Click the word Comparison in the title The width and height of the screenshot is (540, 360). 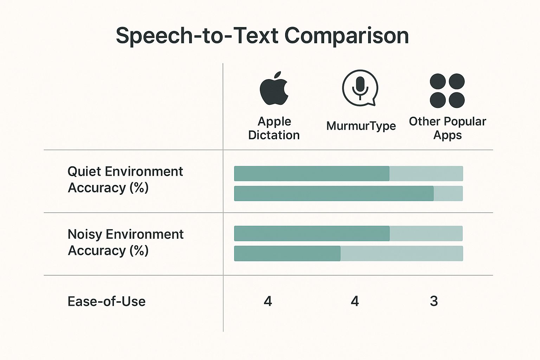click(346, 36)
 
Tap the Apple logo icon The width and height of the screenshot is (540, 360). click(274, 90)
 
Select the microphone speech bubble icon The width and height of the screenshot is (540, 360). click(360, 88)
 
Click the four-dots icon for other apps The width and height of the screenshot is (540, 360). click(447, 91)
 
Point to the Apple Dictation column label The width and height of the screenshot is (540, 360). click(274, 128)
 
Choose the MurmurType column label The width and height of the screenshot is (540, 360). click(361, 126)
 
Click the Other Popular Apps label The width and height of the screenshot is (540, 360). click(447, 128)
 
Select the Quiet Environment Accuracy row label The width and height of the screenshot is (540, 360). click(125, 180)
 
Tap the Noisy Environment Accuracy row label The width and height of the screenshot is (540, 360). click(125, 242)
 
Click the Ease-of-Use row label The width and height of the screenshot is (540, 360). click(107, 302)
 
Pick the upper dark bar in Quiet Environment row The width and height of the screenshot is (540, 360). click(311, 173)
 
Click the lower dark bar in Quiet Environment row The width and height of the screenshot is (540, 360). click(334, 193)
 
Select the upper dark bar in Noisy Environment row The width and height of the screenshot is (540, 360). click(311, 233)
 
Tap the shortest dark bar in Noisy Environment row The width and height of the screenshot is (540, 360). click(287, 253)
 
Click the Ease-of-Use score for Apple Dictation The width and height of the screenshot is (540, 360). click(268, 301)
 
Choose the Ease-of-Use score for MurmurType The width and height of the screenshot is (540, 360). click(355, 301)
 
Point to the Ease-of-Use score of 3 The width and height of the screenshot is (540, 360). click(434, 301)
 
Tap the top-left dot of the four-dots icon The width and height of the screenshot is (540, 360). click(438, 81)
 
